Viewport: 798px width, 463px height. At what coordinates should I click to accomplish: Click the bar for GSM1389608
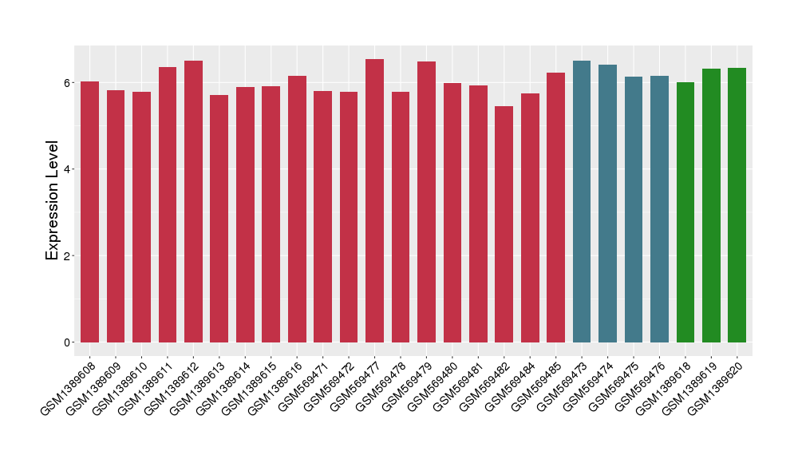(89, 212)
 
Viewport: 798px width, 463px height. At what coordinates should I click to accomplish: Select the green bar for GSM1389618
(685, 212)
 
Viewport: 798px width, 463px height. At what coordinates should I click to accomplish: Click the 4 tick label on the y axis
(69, 169)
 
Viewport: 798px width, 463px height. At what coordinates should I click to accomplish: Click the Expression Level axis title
(53, 200)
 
